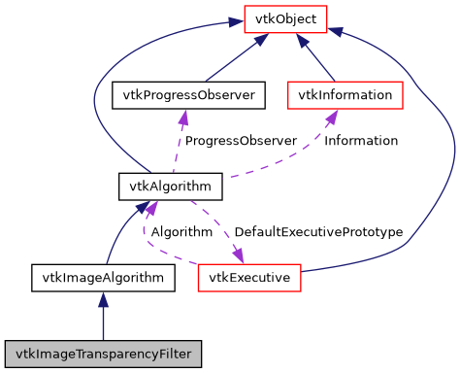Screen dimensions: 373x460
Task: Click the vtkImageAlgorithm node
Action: point(103,278)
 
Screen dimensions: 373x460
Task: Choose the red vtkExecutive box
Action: point(250,278)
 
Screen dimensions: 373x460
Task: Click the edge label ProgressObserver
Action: point(241,141)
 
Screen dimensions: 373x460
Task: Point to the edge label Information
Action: point(361,141)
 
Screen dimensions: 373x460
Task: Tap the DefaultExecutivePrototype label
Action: point(318,232)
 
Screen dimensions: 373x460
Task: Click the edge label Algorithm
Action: point(181,232)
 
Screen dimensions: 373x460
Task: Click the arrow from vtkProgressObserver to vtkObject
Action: point(233,59)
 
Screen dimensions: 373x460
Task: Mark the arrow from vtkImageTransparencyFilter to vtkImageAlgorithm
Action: point(103,316)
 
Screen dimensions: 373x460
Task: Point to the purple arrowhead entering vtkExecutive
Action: point(237,256)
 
